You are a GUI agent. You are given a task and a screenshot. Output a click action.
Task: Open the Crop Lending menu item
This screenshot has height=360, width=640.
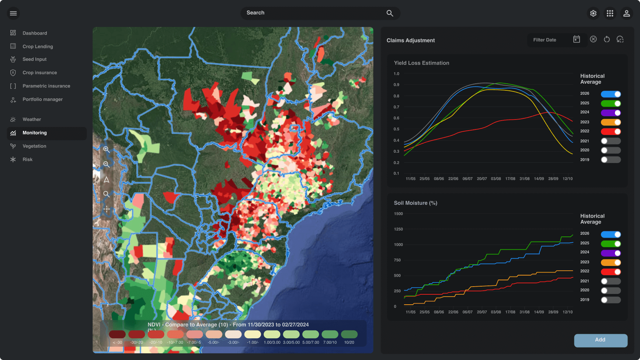click(x=38, y=46)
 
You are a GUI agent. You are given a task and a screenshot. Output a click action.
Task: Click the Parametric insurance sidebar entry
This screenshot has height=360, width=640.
click(x=46, y=86)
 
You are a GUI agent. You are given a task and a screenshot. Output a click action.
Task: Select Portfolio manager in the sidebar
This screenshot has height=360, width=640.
click(x=42, y=99)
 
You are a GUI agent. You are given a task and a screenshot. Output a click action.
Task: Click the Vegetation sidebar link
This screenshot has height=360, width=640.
click(x=34, y=146)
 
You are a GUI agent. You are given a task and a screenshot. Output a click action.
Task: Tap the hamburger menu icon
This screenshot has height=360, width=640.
click(x=13, y=13)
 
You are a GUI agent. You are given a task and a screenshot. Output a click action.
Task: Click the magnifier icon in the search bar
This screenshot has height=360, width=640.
click(x=390, y=13)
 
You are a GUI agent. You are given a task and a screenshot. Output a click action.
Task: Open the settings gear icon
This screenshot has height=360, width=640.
click(x=593, y=13)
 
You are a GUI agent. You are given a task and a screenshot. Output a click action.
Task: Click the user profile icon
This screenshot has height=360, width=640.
click(x=626, y=13)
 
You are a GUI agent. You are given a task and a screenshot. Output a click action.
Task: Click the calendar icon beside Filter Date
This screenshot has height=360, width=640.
click(x=577, y=39)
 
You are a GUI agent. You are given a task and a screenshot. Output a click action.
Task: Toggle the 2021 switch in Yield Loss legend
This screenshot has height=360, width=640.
click(x=611, y=141)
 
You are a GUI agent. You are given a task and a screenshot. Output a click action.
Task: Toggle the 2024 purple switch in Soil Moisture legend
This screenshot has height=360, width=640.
click(x=611, y=253)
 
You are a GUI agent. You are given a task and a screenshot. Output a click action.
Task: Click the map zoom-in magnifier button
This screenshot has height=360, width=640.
click(x=107, y=149)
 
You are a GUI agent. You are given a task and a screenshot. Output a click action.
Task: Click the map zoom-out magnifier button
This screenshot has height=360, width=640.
click(x=107, y=164)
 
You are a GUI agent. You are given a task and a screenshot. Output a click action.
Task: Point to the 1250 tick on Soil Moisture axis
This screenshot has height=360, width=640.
click(x=398, y=229)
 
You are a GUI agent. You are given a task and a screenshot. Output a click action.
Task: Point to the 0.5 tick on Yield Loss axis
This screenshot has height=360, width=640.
click(x=396, y=129)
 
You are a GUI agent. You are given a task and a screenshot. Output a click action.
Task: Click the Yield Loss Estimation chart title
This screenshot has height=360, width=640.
click(x=421, y=63)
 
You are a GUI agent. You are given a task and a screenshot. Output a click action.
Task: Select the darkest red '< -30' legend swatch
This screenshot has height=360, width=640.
click(x=117, y=335)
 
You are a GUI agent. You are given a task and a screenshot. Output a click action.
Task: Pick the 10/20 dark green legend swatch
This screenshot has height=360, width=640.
click(x=349, y=335)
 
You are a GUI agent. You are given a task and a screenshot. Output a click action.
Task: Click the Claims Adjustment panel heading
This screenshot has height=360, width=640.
click(x=410, y=41)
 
